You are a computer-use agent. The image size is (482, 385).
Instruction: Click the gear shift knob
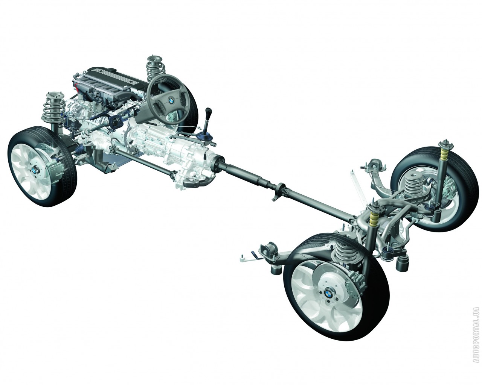pyautogui.click(x=209, y=111)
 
